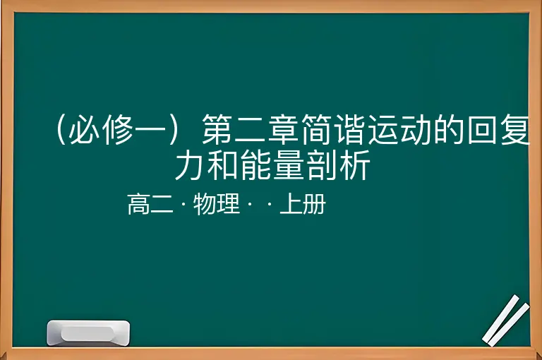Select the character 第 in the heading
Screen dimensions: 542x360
click(x=217, y=129)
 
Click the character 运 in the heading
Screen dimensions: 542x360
click(x=383, y=129)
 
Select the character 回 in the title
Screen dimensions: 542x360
click(x=482, y=129)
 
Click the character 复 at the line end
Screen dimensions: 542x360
click(x=514, y=129)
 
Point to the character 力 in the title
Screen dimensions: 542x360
click(x=190, y=164)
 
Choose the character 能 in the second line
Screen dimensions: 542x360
click(x=256, y=164)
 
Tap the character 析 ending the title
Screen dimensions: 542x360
click(x=355, y=164)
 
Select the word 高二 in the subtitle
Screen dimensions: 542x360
click(x=150, y=204)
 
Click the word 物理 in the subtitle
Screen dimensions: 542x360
click(x=217, y=204)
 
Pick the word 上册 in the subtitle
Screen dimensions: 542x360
click(x=303, y=204)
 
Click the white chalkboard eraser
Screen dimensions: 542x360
click(x=88, y=332)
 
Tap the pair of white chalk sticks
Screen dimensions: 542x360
click(x=506, y=320)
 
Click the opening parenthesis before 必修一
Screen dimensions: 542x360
click(x=61, y=129)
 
